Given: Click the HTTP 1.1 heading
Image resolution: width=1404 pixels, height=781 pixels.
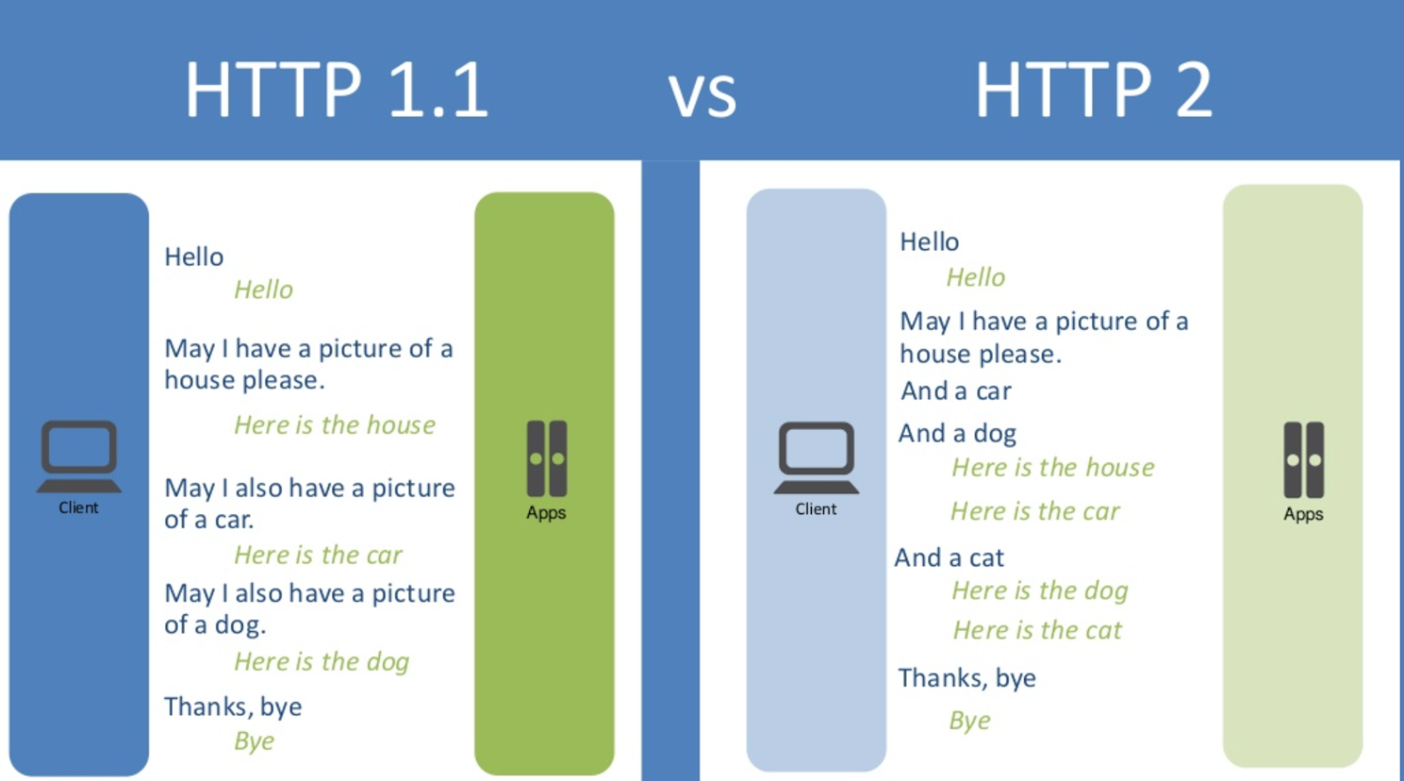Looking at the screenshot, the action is pos(337,89).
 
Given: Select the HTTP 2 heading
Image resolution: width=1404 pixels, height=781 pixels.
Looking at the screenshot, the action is pos(1093,89).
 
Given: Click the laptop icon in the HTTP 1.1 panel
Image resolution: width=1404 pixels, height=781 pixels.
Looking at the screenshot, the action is pos(79,456).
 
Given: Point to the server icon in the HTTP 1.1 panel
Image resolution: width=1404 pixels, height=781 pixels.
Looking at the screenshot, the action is pos(547,458).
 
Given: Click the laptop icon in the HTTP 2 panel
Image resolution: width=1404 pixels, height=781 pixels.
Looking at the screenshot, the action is pos(816,458).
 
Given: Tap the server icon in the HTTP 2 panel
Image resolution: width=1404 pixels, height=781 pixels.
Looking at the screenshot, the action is pos(1304,460).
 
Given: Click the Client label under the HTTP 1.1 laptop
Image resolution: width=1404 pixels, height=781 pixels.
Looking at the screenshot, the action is pos(78,508).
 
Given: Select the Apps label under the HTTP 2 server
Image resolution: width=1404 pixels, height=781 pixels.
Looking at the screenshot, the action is pos(1303,514).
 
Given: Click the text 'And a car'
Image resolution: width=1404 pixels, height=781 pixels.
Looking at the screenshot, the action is pos(956,391).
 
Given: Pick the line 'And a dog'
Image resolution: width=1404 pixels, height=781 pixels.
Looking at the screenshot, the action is pos(957,433).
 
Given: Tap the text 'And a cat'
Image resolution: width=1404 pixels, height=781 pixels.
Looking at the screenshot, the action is pos(949,558).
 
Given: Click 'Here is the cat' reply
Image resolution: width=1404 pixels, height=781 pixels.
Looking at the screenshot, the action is pos(1037,630).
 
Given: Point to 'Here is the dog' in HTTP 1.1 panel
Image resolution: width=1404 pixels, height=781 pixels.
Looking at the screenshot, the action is pos(321,662).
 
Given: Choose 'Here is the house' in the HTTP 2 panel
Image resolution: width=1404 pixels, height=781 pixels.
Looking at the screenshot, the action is pos(1053,468).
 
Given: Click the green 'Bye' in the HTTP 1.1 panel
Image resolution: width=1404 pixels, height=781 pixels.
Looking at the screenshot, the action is pos(254,742).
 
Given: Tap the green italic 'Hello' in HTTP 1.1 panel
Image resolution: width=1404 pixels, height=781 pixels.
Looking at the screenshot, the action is pos(263,290).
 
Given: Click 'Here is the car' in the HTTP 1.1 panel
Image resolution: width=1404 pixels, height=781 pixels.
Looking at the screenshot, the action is pos(318,555).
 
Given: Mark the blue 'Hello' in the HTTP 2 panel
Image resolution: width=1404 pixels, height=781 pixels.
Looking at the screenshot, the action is pos(929,242).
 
